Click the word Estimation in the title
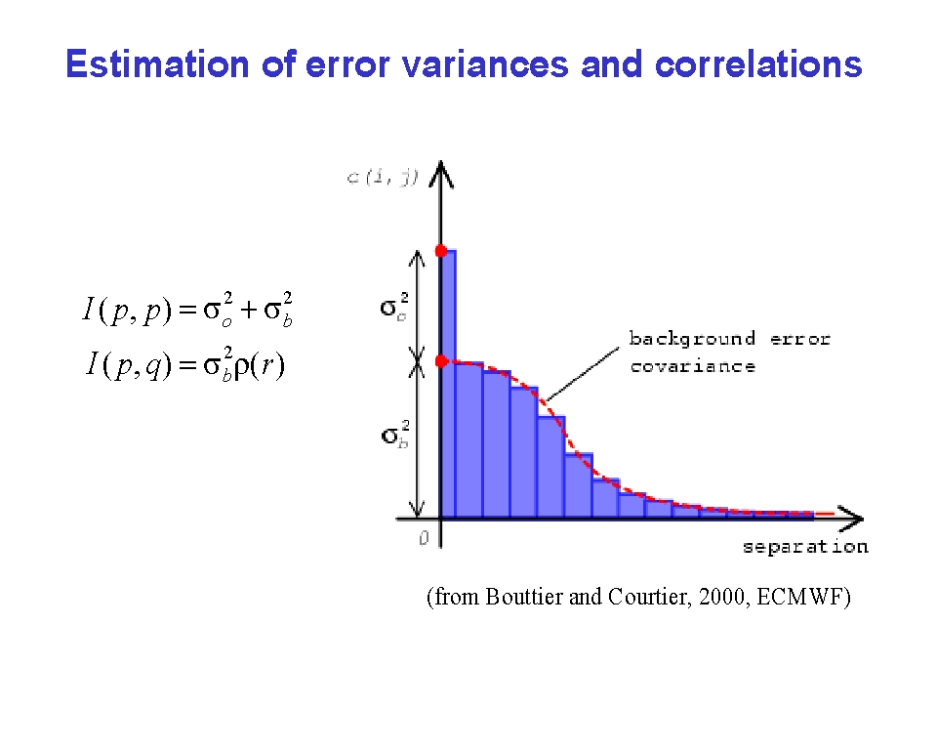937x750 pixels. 157,64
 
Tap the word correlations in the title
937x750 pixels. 758,64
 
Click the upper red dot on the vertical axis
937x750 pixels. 441,251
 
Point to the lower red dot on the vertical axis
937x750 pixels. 441,361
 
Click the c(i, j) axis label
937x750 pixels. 383,177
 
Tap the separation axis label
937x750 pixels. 805,547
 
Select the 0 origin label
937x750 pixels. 424,538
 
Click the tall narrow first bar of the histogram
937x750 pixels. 448,384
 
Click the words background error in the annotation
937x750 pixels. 730,339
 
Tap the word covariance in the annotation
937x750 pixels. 693,366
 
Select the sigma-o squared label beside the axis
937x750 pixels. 394,307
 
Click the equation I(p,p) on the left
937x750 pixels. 187,310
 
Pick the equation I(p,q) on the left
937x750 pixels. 184,363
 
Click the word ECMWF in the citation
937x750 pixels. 799,597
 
